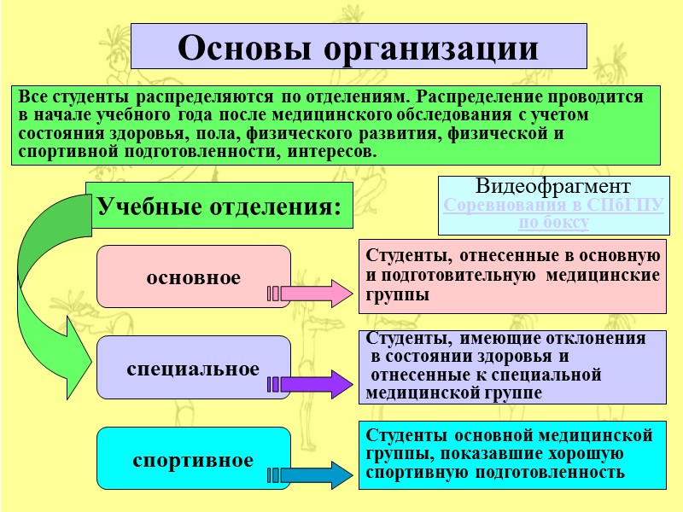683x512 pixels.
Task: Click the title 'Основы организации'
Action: (358, 46)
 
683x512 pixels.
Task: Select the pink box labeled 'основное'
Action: (193, 276)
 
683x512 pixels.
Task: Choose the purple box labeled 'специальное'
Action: (193, 368)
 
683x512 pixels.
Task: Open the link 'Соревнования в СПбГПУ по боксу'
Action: (553, 213)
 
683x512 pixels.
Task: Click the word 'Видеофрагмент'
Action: (553, 186)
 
